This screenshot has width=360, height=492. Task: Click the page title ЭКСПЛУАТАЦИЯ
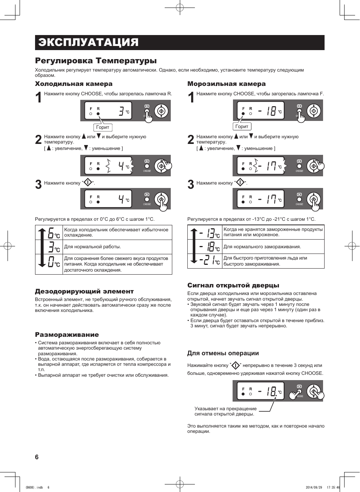tap(88, 42)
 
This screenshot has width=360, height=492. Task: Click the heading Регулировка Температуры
tap(96, 61)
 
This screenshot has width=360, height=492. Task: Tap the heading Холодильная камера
tap(74, 84)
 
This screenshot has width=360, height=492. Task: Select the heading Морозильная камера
tap(226, 84)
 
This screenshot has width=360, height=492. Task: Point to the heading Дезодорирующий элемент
tap(84, 291)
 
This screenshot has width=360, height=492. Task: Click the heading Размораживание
tap(67, 335)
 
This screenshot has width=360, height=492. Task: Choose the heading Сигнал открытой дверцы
tap(233, 285)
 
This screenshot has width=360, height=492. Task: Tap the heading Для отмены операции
tap(223, 353)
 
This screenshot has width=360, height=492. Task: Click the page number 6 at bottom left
tap(37, 457)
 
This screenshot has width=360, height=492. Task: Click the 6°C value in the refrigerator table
tap(54, 233)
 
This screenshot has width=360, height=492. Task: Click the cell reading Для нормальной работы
tap(92, 247)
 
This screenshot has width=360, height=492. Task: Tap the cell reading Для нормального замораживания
tap(262, 247)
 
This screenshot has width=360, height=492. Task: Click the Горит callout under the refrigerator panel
tap(103, 127)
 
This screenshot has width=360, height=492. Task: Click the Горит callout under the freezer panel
tap(242, 127)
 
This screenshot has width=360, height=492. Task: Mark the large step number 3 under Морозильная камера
tap(191, 185)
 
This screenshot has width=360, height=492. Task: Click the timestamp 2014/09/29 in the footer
tap(314, 487)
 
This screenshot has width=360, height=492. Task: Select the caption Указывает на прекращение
tap(225, 408)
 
